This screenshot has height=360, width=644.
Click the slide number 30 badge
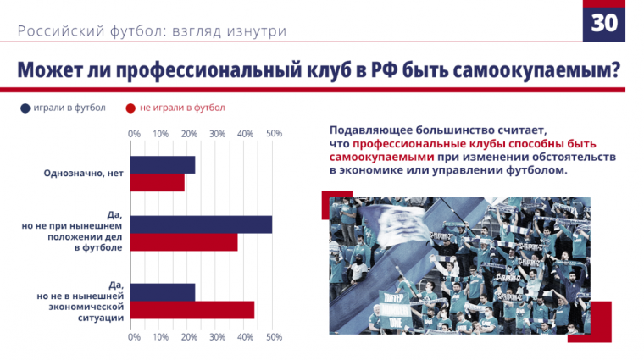coord(603,23)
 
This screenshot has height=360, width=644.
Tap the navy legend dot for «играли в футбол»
coord(25,108)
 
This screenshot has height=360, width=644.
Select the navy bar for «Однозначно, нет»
coord(163,165)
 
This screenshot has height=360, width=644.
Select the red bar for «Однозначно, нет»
coord(158,182)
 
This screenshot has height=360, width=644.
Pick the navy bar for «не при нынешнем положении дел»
coord(202,224)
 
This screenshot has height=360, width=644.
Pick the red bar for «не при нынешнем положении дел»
coord(184,243)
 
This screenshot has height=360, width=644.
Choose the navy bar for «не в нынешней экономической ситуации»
coord(163,291)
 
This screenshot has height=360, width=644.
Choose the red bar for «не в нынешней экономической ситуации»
coord(192,310)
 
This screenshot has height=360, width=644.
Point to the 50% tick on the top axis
coord(274,134)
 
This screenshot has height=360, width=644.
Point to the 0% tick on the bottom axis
coord(134,337)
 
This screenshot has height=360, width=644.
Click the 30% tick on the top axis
coord(217,134)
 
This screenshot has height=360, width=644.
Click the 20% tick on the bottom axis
coord(189,337)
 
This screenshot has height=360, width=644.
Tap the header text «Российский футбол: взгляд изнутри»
coord(152,31)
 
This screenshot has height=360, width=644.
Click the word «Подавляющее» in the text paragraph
coord(371,131)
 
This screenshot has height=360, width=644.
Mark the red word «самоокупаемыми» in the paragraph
coord(382,158)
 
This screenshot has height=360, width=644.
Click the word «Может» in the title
coord(50,69)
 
